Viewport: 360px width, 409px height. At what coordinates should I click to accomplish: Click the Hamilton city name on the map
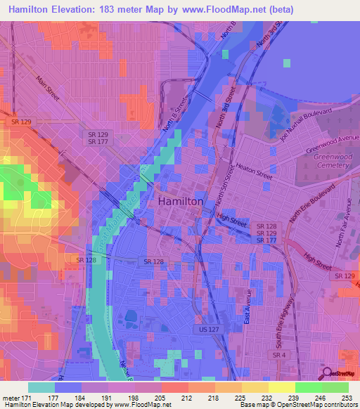pyautogui.click(x=181, y=201)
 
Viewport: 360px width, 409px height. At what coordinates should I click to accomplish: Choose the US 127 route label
pyautogui.click(x=205, y=328)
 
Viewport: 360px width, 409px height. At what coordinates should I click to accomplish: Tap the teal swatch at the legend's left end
pyautogui.click(x=41, y=387)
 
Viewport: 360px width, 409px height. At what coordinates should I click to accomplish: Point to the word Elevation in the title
pyautogui.click(x=76, y=9)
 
